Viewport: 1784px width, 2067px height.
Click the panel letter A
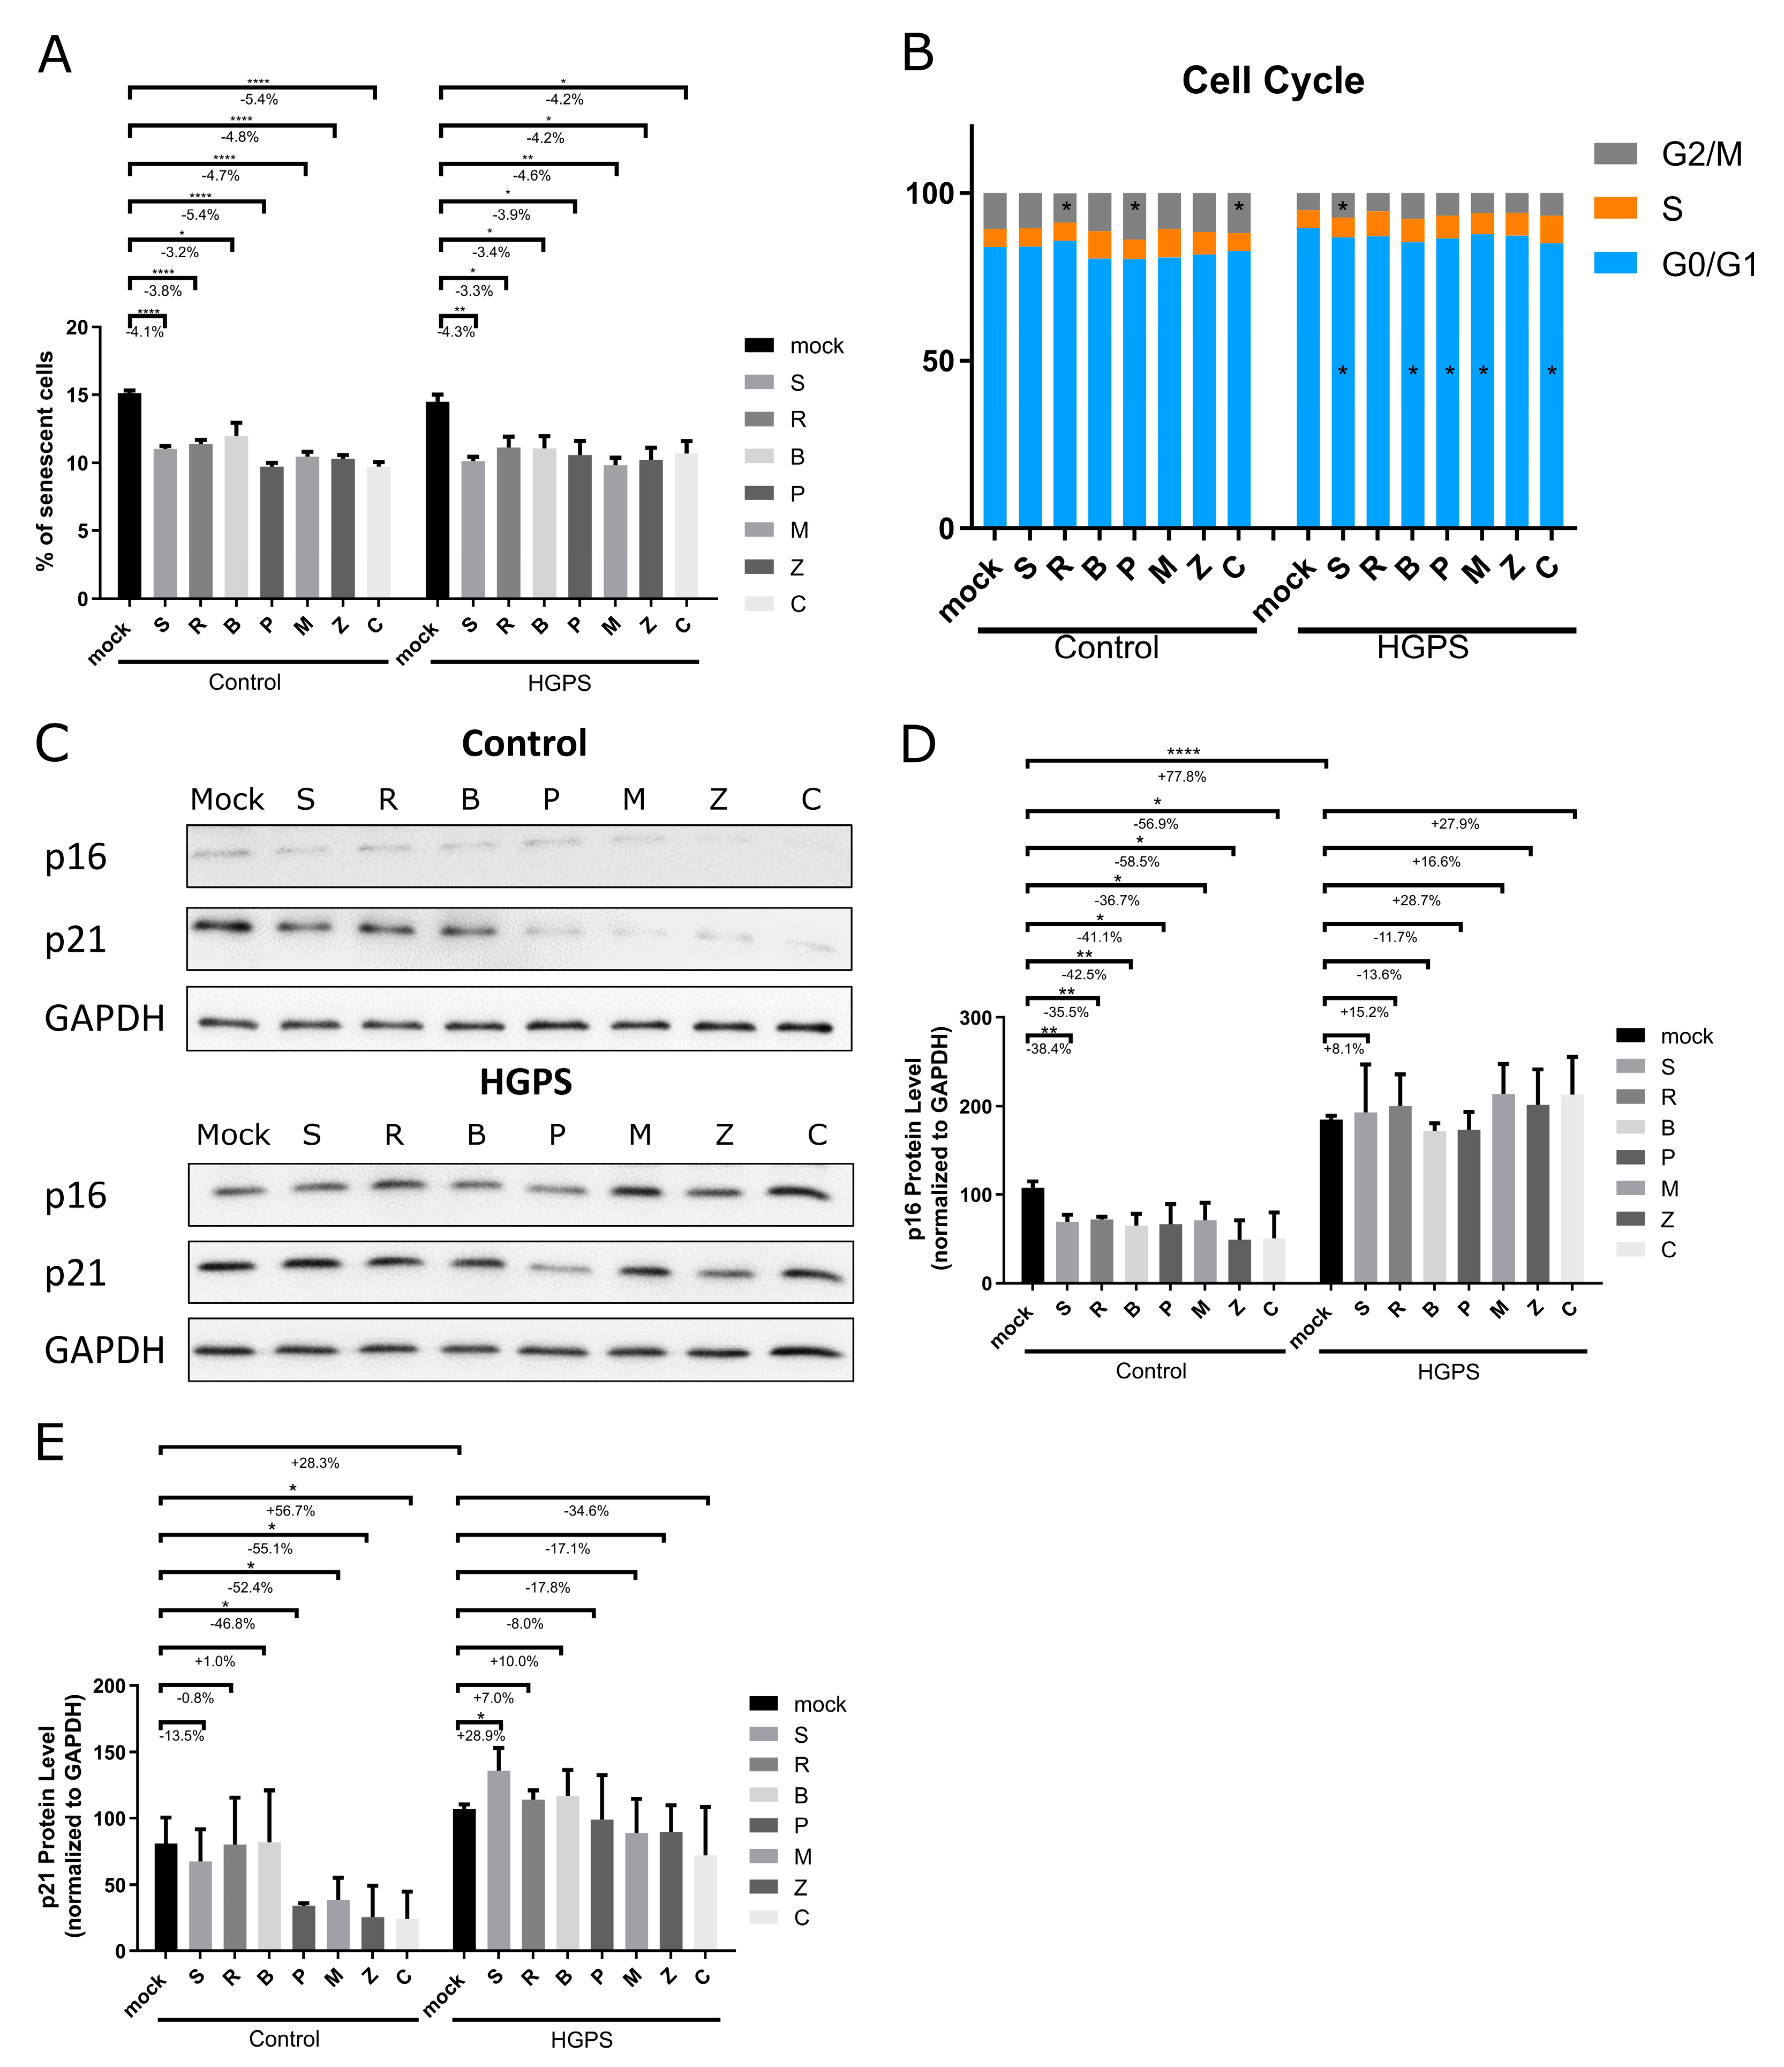point(54,55)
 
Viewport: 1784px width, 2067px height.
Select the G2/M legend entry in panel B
point(1701,155)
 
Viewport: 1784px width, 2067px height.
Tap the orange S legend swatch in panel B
point(1614,207)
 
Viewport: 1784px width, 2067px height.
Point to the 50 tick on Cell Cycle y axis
point(937,361)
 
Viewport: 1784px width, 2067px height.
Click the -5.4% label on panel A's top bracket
point(258,100)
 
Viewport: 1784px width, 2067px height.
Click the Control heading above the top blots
point(524,743)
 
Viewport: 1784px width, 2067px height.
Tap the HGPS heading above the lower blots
point(525,1083)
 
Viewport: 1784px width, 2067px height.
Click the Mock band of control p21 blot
point(223,927)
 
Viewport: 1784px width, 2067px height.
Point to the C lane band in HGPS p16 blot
point(798,1191)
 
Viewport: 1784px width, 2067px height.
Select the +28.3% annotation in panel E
point(314,1464)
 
